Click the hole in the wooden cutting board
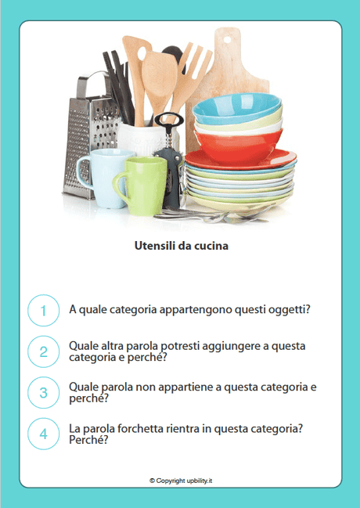[x=226, y=38]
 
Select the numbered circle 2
[x=44, y=351]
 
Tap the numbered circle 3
[x=44, y=392]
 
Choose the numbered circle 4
[x=44, y=434]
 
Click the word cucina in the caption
[x=211, y=246]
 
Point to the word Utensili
[x=153, y=246]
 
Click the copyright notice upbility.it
[x=181, y=480]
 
